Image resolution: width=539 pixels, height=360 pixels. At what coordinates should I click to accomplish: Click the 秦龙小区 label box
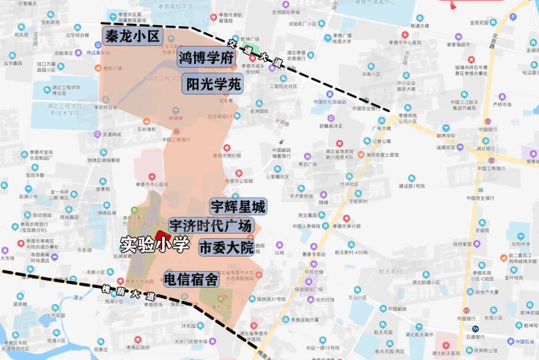click(x=132, y=36)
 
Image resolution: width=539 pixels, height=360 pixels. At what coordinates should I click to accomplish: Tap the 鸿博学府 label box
click(x=206, y=58)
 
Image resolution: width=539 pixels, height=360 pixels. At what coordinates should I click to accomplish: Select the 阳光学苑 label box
click(x=213, y=84)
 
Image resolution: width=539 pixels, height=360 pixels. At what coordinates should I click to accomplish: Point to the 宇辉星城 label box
click(x=238, y=206)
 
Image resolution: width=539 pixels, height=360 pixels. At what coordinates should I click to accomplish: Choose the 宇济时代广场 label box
click(x=210, y=226)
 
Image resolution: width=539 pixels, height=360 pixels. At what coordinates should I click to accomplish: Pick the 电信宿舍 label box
click(x=191, y=280)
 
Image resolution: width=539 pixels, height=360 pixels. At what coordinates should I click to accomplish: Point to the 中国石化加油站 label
click(x=329, y=101)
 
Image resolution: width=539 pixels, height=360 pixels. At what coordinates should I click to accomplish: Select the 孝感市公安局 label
click(x=239, y=181)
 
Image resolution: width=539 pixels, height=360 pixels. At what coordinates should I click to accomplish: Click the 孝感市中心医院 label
click(x=152, y=184)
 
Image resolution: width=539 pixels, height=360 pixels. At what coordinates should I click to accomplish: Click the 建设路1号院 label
click(x=411, y=186)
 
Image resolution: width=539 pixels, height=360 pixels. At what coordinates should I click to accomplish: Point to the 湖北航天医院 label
click(x=446, y=354)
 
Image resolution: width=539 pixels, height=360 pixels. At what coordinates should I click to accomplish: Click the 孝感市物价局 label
click(x=227, y=155)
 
